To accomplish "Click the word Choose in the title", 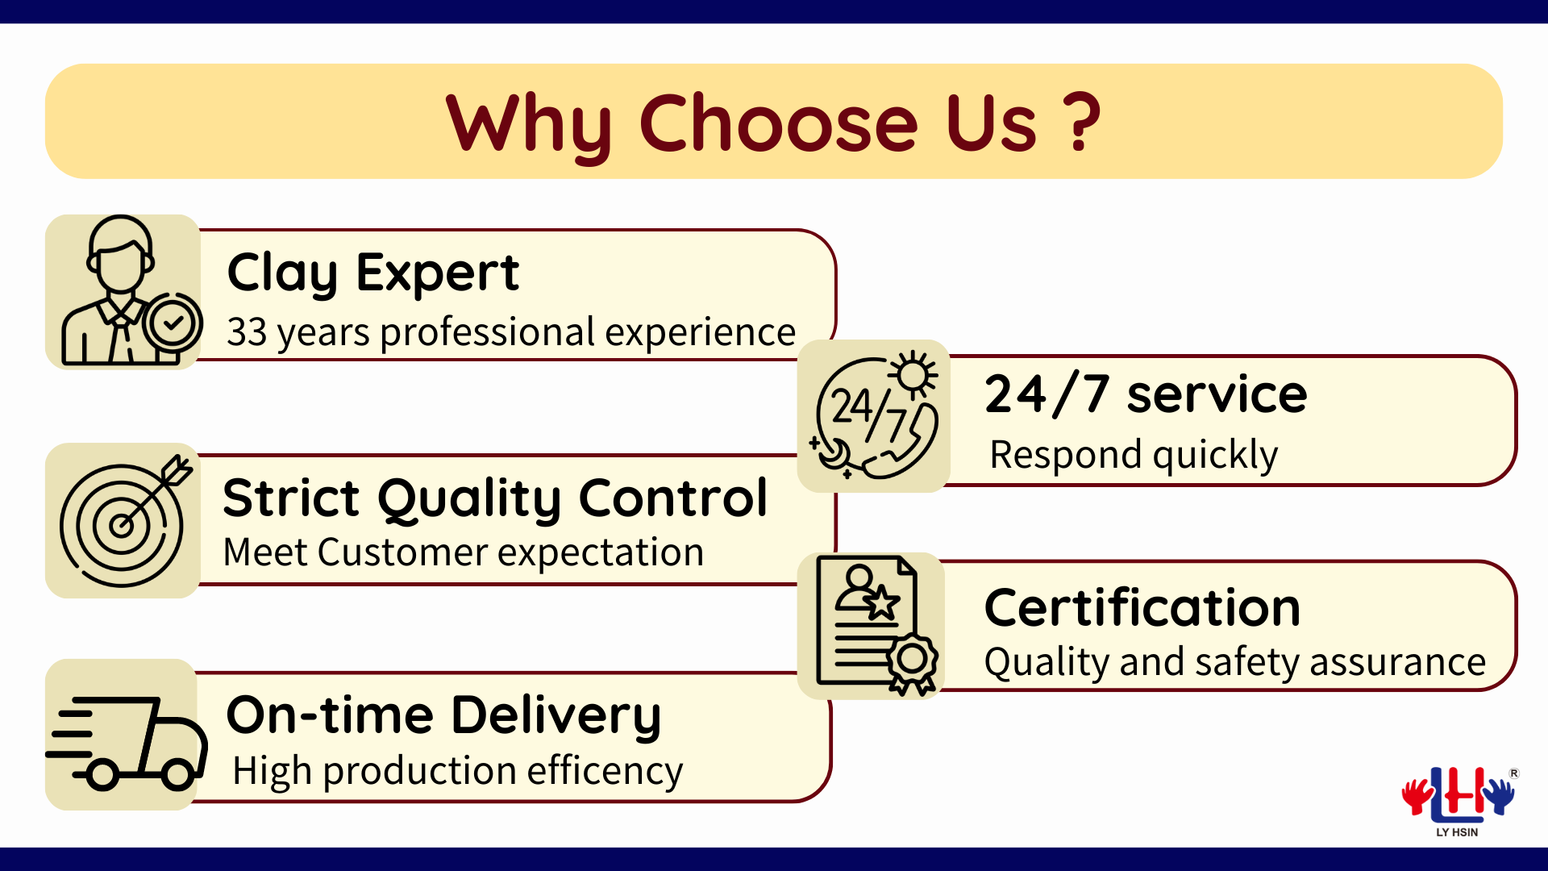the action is point(779,123).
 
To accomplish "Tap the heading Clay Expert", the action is point(373,273).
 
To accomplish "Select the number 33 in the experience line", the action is point(247,332).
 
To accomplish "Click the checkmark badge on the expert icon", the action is point(173,323).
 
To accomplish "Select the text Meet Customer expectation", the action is point(464,553).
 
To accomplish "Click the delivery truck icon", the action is point(127,744).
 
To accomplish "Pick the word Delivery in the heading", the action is point(556,717).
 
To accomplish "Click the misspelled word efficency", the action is point(605,772).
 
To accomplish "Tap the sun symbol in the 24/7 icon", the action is point(913,375).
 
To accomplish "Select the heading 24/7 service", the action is point(1146,394).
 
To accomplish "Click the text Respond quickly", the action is point(1134,455).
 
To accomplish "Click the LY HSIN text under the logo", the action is point(1457,832).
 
